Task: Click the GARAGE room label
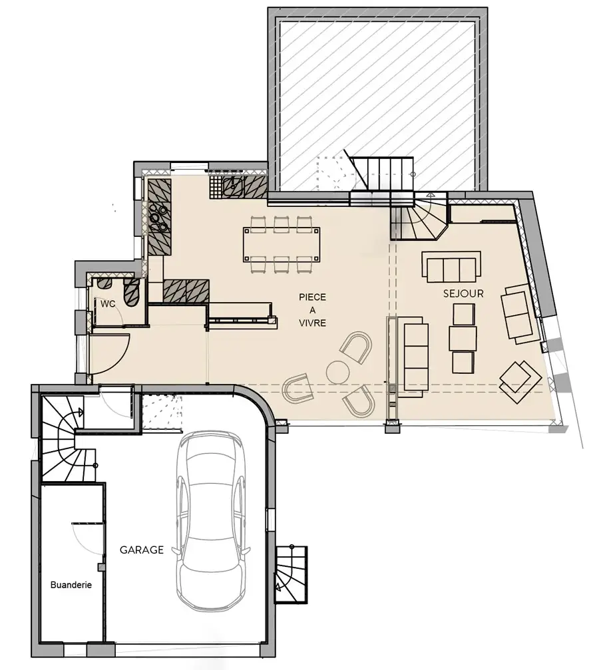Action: [x=142, y=550]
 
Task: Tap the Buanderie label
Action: [x=71, y=585]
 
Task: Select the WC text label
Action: [x=108, y=304]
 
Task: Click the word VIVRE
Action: [x=313, y=323]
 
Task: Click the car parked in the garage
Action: [x=211, y=520]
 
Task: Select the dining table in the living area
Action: [x=282, y=244]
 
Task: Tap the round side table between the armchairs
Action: [x=338, y=373]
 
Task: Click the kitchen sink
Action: [x=232, y=186]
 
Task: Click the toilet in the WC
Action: [x=131, y=292]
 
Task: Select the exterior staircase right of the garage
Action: [x=291, y=574]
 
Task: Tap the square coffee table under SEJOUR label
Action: [x=464, y=314]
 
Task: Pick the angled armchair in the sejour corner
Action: [x=520, y=382]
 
